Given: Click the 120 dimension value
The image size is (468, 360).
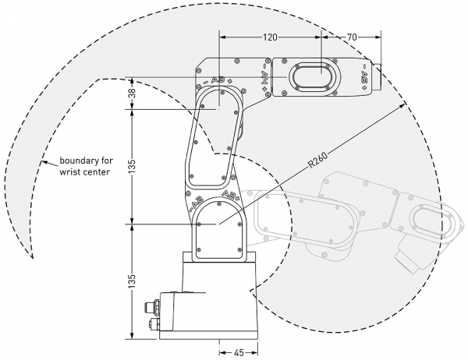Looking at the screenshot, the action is (270, 37).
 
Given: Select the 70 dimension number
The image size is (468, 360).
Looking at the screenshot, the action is (352, 37).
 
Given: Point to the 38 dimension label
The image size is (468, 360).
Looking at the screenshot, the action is (133, 94).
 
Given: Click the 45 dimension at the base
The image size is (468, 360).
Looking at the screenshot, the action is (239, 353).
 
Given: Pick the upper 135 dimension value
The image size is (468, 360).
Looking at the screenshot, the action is (133, 167).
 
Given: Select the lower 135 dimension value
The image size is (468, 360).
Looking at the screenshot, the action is (133, 281).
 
